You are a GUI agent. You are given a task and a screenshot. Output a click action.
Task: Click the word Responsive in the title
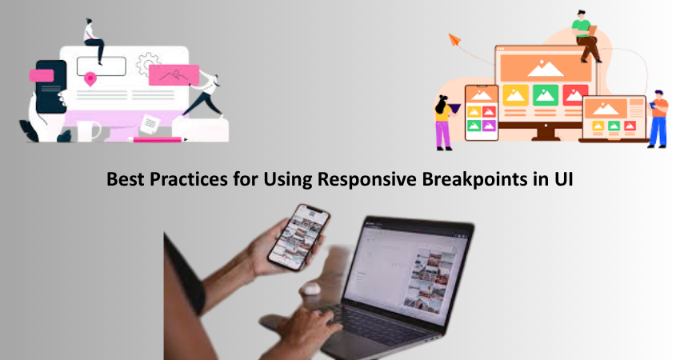[367, 179]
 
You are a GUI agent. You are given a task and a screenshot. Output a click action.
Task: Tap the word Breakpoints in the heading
[474, 179]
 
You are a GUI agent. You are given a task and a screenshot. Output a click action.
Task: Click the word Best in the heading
[125, 179]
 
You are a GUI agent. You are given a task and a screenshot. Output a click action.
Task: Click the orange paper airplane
[454, 39]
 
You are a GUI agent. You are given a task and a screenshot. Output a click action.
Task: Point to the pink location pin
[90, 79]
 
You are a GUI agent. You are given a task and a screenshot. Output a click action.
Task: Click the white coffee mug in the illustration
[88, 131]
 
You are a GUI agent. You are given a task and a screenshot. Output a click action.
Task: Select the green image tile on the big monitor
[545, 95]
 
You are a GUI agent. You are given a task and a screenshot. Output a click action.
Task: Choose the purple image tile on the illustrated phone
[489, 126]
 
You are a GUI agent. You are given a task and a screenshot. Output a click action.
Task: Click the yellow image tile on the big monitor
[516, 95]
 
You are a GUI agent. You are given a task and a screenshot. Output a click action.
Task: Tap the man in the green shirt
[586, 37]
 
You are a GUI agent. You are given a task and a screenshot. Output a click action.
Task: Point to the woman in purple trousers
[444, 122]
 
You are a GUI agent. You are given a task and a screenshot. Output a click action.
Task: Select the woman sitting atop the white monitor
[94, 41]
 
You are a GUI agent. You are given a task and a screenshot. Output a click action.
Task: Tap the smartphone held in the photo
[298, 237]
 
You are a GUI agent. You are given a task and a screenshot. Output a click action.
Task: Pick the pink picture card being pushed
[174, 75]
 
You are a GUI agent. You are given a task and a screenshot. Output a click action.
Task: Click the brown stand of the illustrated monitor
[545, 131]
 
